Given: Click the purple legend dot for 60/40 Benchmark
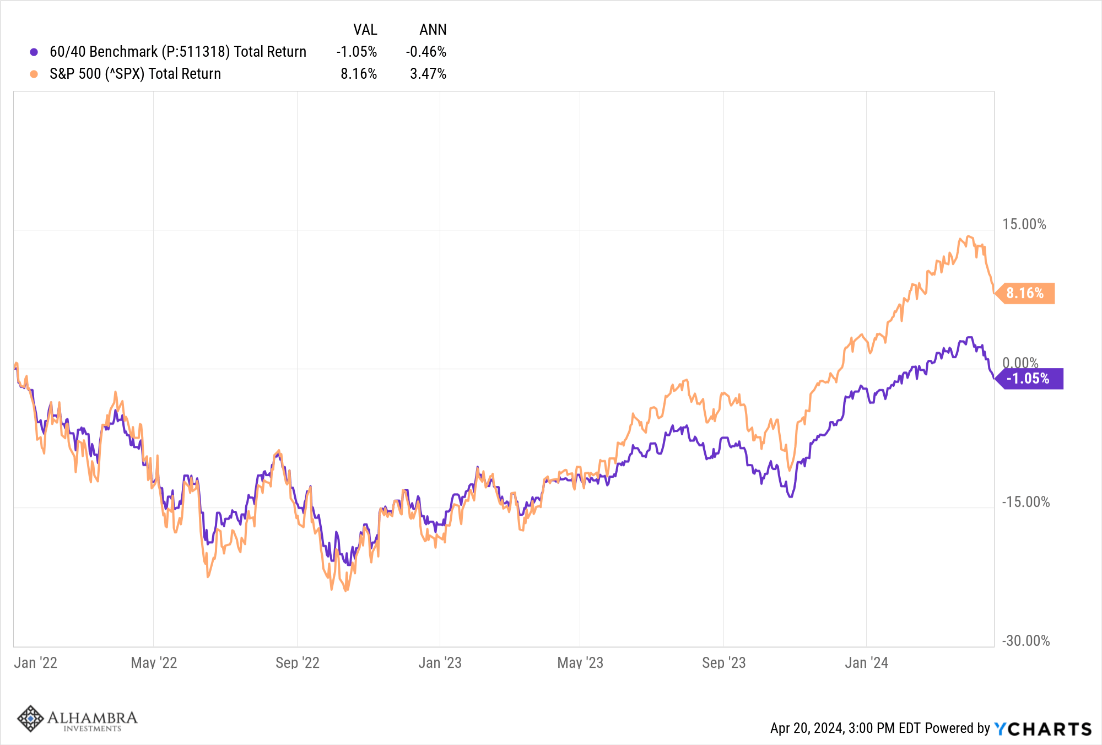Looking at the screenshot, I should [34, 52].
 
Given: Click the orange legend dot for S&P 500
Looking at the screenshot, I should [34, 74].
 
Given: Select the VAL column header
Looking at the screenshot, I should [365, 30].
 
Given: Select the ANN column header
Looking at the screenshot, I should [433, 30].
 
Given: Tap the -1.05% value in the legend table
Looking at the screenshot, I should [356, 52].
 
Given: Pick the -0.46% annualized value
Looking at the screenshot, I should [426, 52].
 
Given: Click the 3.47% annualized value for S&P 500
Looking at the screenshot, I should [428, 74].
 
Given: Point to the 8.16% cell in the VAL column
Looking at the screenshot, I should [358, 74].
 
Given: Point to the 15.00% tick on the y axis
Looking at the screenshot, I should [1024, 224].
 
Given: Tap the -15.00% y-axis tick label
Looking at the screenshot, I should [1025, 502].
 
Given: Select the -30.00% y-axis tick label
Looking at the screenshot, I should [1025, 641].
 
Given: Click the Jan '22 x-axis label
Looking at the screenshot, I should [35, 662].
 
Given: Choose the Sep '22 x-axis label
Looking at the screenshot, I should [298, 662].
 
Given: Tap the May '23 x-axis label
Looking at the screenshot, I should [580, 662].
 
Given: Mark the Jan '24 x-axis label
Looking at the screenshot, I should [866, 662].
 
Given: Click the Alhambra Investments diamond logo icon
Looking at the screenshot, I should [30, 719].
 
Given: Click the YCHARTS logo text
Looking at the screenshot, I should [1042, 728].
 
